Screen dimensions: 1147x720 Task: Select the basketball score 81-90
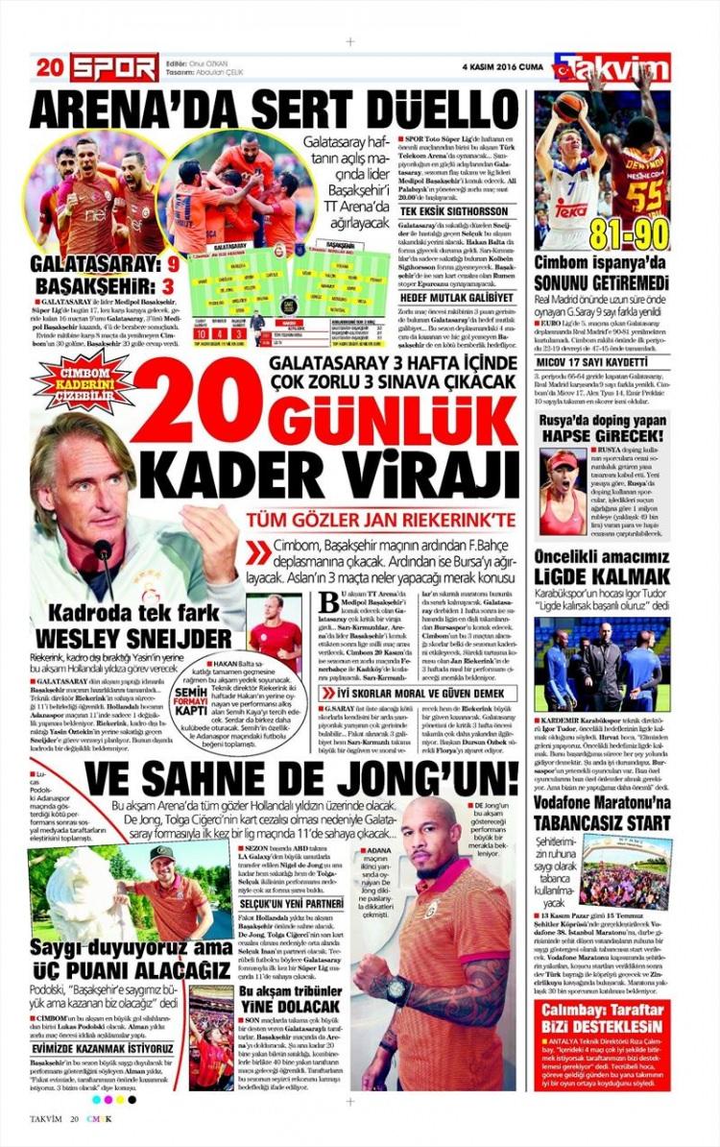click(631, 231)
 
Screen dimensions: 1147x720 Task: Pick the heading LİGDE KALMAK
click(603, 577)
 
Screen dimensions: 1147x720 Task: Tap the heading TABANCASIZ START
click(603, 823)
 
